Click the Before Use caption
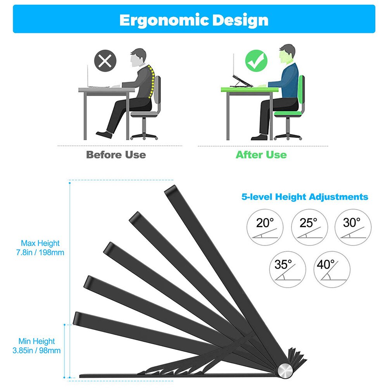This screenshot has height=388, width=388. coord(116,155)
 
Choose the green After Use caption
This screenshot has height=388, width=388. coord(261,155)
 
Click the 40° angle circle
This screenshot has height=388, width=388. coord(331,269)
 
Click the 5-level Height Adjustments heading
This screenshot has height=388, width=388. coord(305,197)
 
